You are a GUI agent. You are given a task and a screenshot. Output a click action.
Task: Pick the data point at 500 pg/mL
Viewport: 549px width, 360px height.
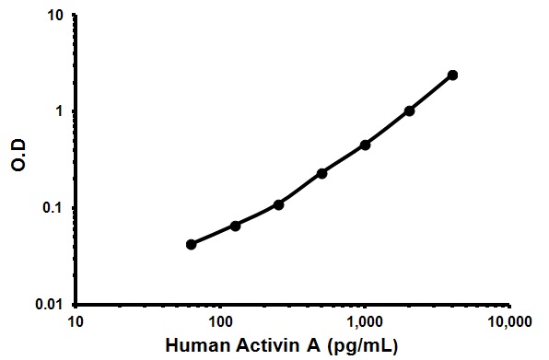[322, 173]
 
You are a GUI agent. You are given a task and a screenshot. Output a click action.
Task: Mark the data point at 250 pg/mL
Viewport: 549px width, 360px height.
[278, 204]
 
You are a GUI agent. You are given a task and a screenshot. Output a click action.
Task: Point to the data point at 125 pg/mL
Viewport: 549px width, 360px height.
[235, 226]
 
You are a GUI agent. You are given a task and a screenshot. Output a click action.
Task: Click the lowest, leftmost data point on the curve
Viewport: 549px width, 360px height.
[191, 244]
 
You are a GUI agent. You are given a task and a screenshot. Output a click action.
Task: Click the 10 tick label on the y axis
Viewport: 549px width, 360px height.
[55, 16]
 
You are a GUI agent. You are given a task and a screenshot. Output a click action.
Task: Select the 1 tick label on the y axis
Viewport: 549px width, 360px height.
[60, 111]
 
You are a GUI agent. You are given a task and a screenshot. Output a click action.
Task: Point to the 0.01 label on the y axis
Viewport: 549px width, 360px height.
[51, 304]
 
